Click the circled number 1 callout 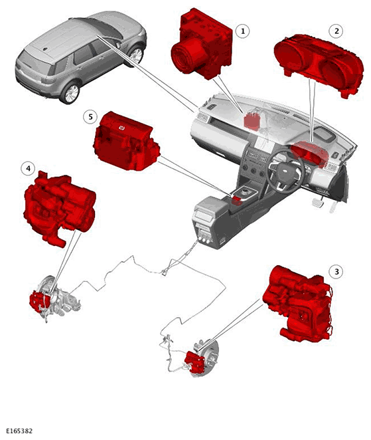tap(243, 31)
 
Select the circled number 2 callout tap(336, 31)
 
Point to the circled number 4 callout tap(28, 168)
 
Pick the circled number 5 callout tap(90, 117)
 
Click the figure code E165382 tap(19, 431)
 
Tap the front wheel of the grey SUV tap(136, 55)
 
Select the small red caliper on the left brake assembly tap(39, 301)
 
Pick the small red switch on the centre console tap(237, 200)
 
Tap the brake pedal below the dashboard tap(319, 202)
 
